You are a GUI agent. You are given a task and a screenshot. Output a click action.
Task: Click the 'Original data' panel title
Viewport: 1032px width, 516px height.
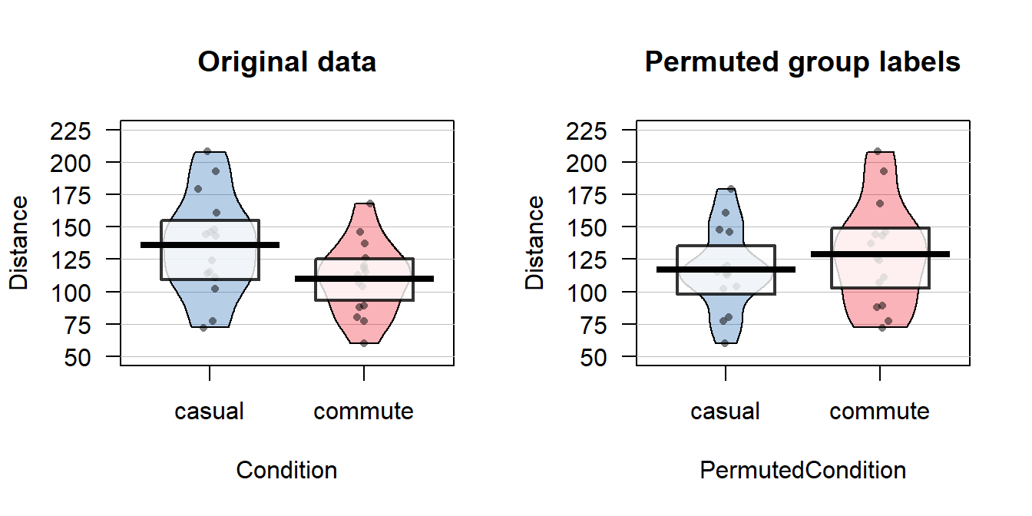click(x=286, y=61)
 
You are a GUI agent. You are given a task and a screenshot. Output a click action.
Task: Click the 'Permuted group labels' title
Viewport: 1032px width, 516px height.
click(x=802, y=61)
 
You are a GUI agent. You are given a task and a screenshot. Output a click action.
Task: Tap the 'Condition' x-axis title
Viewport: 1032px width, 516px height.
click(x=286, y=470)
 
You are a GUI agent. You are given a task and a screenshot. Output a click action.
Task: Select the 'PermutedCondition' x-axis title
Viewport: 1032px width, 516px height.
click(x=802, y=470)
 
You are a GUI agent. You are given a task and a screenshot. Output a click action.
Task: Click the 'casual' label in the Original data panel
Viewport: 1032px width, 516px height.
click(x=209, y=412)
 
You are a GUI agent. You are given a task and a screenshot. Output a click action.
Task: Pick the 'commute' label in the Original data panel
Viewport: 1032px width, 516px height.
click(x=363, y=412)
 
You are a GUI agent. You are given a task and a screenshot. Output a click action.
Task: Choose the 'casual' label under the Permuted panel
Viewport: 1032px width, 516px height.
click(x=725, y=412)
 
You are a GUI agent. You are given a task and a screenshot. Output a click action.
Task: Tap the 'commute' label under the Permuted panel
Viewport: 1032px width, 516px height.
click(x=879, y=412)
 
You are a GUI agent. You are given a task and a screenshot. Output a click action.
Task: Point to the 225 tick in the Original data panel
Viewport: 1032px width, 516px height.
click(x=71, y=131)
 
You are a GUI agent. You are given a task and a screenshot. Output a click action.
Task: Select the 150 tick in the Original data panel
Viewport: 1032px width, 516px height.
click(x=71, y=228)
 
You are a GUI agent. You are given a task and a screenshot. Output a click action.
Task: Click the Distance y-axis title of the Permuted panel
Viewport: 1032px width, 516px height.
click(x=535, y=243)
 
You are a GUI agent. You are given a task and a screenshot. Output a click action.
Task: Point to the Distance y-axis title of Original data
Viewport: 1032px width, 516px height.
click(x=19, y=243)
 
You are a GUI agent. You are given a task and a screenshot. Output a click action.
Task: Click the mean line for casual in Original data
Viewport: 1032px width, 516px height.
click(x=210, y=245)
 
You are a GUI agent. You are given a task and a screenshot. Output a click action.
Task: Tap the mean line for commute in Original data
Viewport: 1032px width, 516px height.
click(x=363, y=279)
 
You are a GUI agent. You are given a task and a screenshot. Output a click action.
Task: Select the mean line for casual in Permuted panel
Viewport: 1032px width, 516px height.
click(x=726, y=270)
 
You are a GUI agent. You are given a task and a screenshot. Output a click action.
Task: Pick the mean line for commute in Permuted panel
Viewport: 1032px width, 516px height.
click(x=879, y=253)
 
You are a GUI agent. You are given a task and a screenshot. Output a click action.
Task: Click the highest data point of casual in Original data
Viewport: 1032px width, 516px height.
click(x=207, y=151)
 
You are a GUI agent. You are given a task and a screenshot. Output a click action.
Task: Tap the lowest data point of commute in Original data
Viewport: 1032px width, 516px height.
click(x=364, y=343)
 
